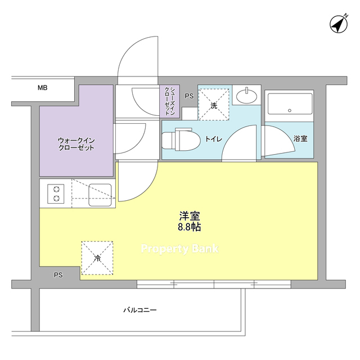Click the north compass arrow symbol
click(x=339, y=24)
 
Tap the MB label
click(x=43, y=88)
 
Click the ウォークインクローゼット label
click(x=76, y=144)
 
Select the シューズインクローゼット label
click(x=170, y=101)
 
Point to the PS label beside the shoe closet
click(x=189, y=96)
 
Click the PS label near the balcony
click(x=58, y=275)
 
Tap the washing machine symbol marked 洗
click(x=214, y=105)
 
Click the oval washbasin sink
click(x=246, y=96)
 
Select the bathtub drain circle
click(x=290, y=110)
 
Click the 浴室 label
click(x=300, y=139)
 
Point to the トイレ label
click(x=213, y=139)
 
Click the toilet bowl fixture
click(x=181, y=139)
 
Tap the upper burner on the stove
click(x=56, y=190)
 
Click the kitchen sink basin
click(x=100, y=195)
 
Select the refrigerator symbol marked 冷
click(x=97, y=258)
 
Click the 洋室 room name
click(x=190, y=216)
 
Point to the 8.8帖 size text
click(x=190, y=227)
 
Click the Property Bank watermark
click(x=180, y=249)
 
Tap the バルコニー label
click(x=140, y=310)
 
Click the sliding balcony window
click(x=214, y=284)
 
